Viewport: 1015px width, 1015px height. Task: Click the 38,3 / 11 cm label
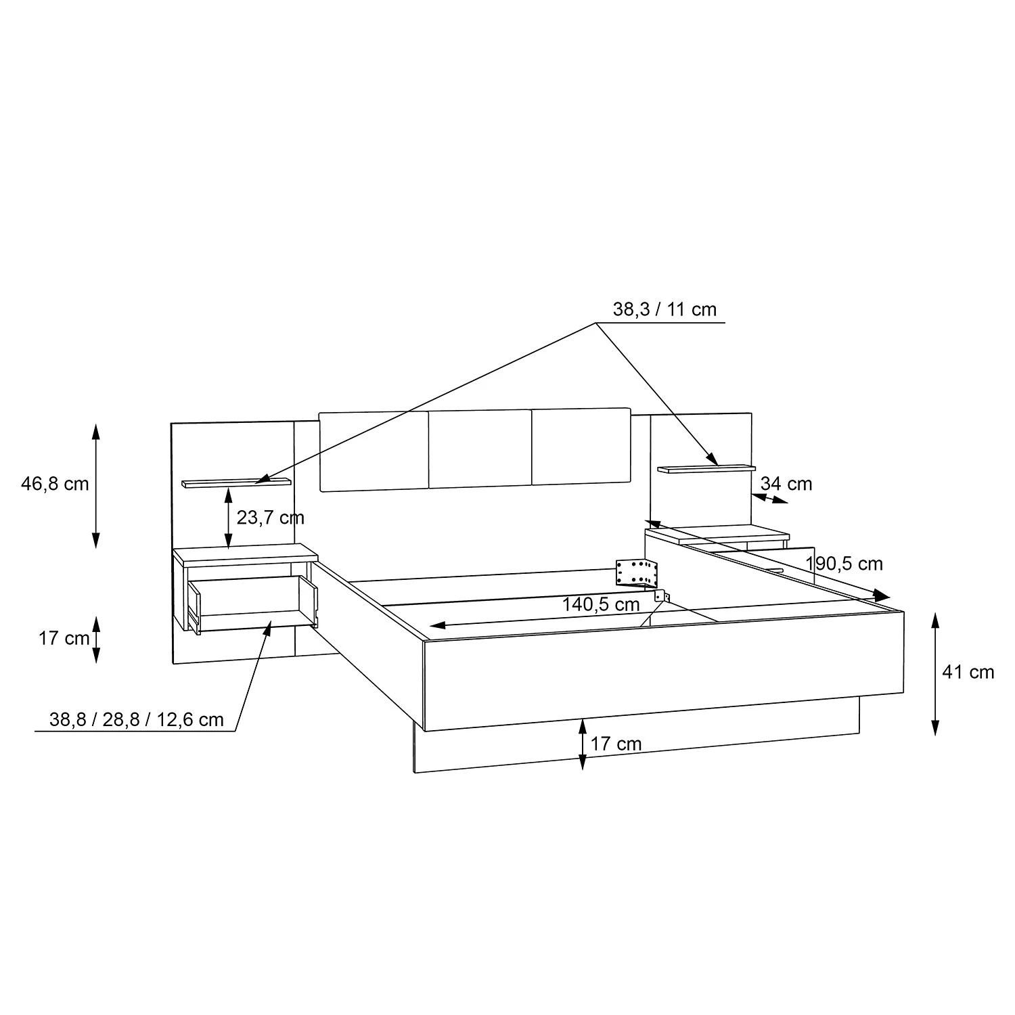coord(664,309)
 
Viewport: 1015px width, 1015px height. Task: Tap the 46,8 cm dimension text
coord(55,484)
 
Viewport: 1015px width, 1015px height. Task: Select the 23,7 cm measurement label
coord(271,518)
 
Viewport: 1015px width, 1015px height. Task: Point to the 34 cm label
coord(786,484)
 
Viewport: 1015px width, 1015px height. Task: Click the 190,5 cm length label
coord(844,564)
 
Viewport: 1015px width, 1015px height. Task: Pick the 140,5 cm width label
coord(601,604)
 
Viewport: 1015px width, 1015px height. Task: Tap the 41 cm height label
coord(968,672)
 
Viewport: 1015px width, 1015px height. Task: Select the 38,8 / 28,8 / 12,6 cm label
coord(137,719)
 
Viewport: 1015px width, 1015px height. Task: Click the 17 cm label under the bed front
coord(616,744)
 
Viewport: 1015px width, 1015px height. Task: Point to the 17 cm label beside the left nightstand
coord(64,638)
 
